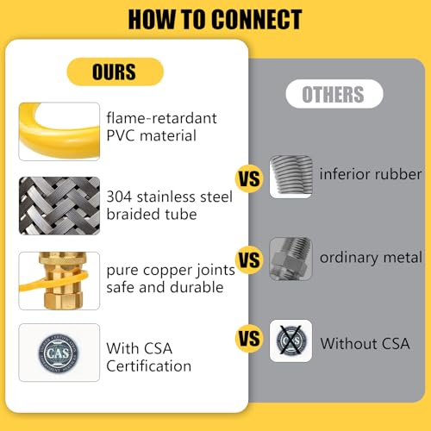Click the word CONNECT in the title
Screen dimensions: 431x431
tap(257, 20)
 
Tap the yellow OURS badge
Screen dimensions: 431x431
tap(115, 72)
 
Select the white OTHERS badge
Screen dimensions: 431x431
tap(334, 94)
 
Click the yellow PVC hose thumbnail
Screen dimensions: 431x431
tap(59, 131)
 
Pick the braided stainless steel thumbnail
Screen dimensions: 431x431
tap(59, 206)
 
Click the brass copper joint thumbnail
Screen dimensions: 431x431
tap(59, 281)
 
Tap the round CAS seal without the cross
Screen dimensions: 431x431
tap(59, 353)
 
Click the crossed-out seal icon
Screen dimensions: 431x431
tap(290, 340)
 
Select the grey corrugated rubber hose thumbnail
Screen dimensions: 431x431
tap(290, 177)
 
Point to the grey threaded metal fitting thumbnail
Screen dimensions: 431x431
tap(290, 259)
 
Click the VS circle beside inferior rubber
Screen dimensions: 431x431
tap(249, 178)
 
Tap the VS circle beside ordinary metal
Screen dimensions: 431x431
tap(249, 259)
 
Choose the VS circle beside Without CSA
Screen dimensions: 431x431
tap(249, 338)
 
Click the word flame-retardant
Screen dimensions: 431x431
tap(161, 118)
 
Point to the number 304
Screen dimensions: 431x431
tap(119, 197)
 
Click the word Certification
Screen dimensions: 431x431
tap(149, 366)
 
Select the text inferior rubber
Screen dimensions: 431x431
tap(371, 174)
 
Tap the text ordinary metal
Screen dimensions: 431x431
tap(371, 258)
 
